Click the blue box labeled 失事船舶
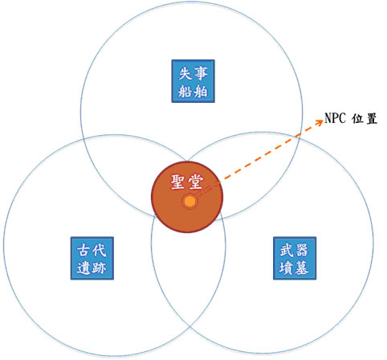click(x=193, y=81)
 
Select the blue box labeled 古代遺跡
click(x=92, y=258)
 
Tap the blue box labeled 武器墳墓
click(x=295, y=258)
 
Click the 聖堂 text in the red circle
click(x=187, y=182)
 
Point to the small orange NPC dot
click(x=189, y=202)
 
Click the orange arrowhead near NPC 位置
click(x=320, y=122)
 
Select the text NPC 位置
click(x=351, y=118)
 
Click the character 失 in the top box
click(x=185, y=73)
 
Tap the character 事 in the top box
click(x=201, y=73)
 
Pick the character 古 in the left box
click(x=84, y=250)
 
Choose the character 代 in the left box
click(x=100, y=250)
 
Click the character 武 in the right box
click(x=287, y=250)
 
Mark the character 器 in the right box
click(x=302, y=250)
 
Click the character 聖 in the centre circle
click(x=179, y=182)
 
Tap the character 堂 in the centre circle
click(x=196, y=182)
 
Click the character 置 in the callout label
click(x=372, y=119)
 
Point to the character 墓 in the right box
click(x=302, y=268)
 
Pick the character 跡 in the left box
click(x=100, y=268)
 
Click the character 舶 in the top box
click(x=201, y=91)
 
